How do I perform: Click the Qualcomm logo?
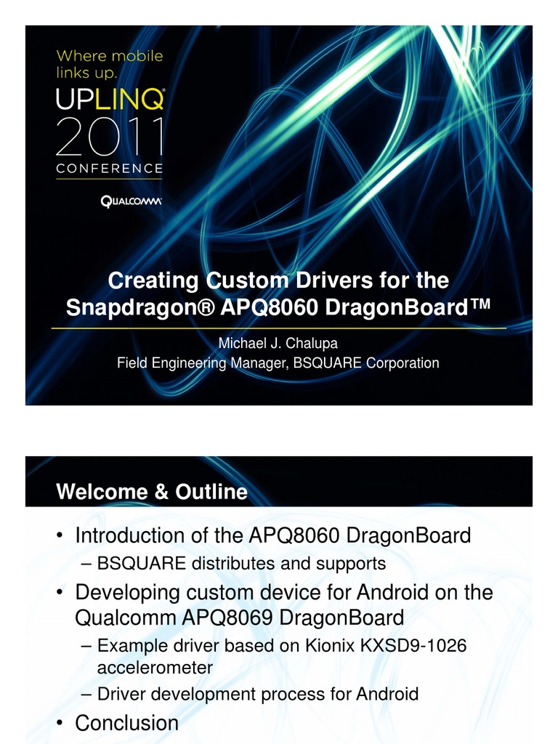coord(131,201)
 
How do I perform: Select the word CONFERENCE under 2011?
coord(110,168)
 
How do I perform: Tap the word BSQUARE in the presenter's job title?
coord(326,363)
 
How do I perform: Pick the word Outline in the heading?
coord(211,492)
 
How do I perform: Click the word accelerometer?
coord(155,667)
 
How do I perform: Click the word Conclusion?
coord(127,723)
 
